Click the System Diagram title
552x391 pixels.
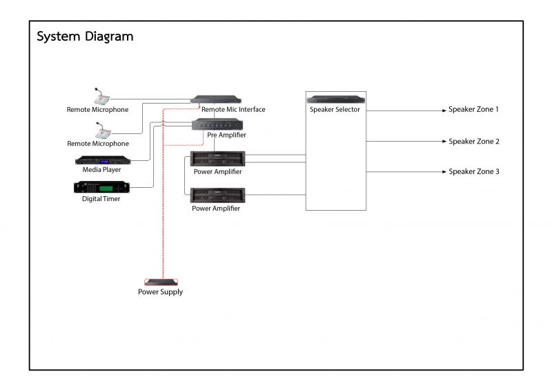click(85, 37)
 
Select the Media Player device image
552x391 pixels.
click(101, 160)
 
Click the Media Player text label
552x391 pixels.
click(101, 169)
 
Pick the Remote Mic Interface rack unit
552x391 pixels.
click(216, 99)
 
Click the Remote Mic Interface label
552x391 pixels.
click(233, 110)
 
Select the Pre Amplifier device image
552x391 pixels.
click(217, 124)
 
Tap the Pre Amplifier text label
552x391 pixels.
click(226, 135)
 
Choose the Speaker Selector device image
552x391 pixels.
click(335, 99)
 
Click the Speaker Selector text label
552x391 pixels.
click(335, 110)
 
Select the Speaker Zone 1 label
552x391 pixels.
click(473, 110)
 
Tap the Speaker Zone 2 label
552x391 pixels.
click(473, 142)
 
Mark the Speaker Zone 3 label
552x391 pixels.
click(473, 171)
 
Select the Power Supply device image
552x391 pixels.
click(161, 282)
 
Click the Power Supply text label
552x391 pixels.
click(161, 292)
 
